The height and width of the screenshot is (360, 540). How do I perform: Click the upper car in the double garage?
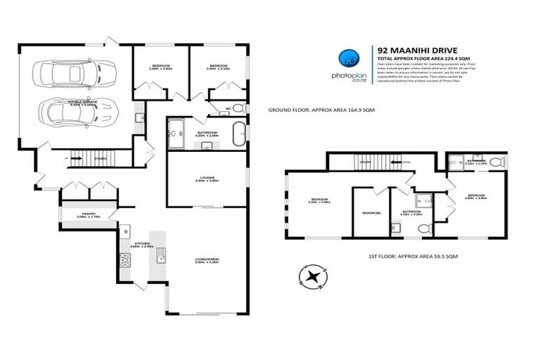tap(60, 72)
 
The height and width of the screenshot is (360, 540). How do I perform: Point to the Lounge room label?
tap(206, 179)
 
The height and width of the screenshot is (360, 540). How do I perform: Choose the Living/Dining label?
tap(207, 261)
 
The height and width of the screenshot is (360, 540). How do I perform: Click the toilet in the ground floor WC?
tap(237, 108)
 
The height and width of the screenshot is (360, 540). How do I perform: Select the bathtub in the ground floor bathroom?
tap(240, 132)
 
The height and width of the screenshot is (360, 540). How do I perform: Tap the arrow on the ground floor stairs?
tap(79, 159)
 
